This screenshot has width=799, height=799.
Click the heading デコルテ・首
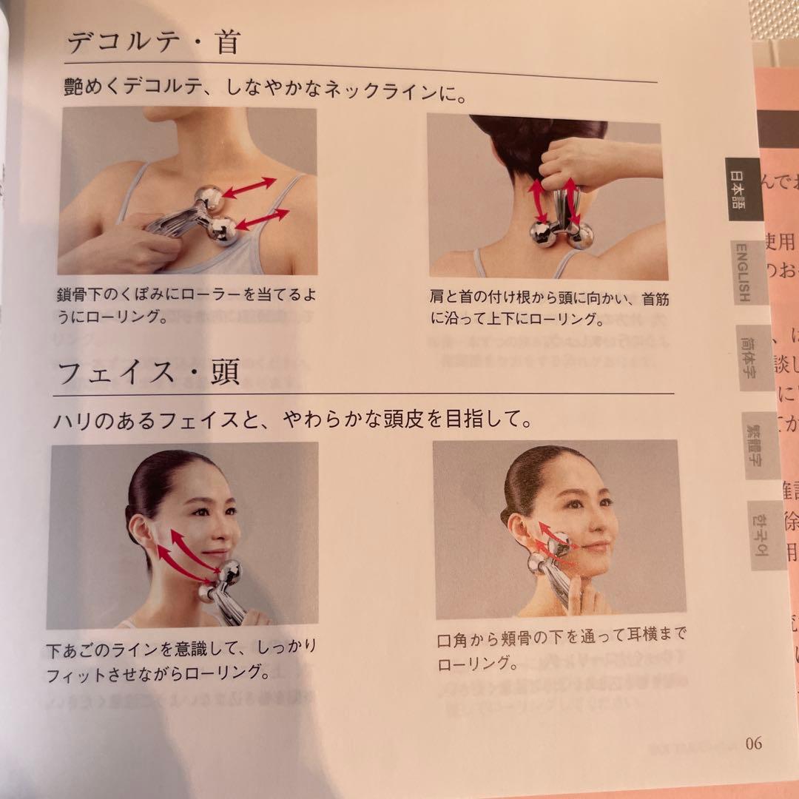(154, 42)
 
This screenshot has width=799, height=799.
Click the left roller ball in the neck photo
(543, 235)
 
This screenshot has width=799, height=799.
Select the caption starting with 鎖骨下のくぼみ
(189, 304)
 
